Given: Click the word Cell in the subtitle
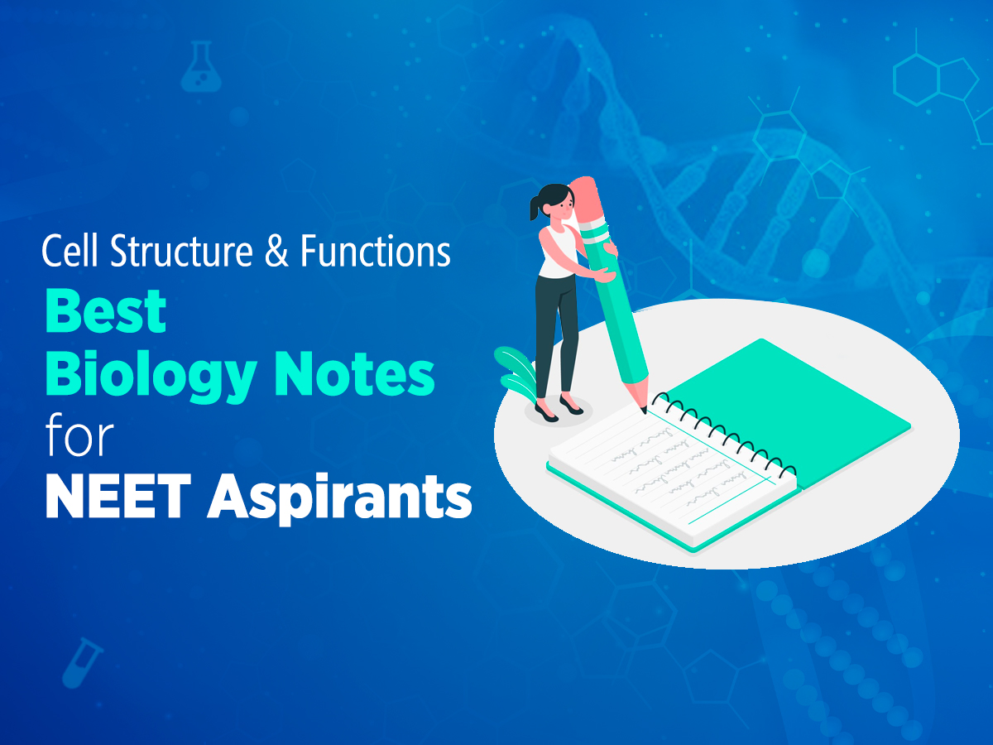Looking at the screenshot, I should coord(68,251).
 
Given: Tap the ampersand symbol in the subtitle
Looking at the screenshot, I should coord(273,251).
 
